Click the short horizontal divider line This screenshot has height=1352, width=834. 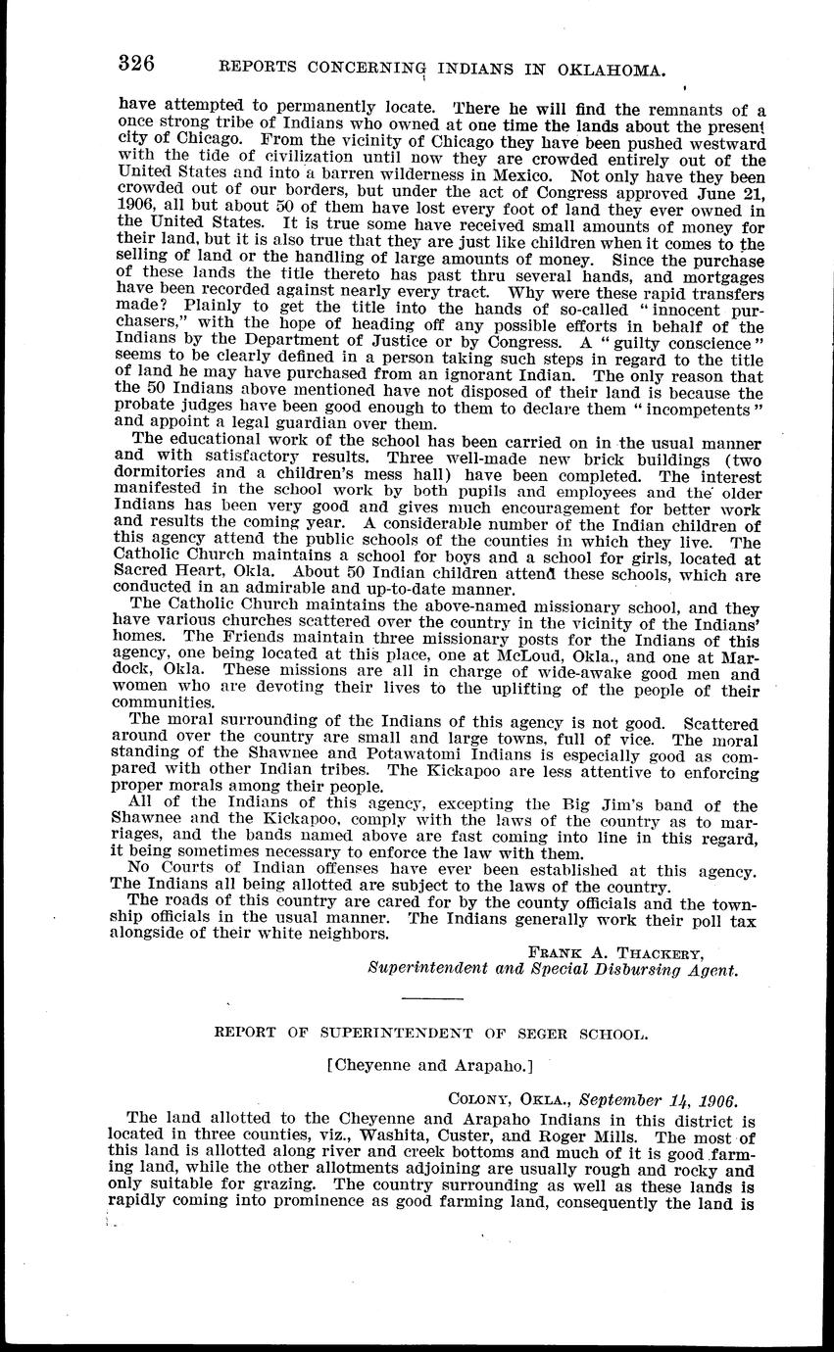[432, 999]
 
